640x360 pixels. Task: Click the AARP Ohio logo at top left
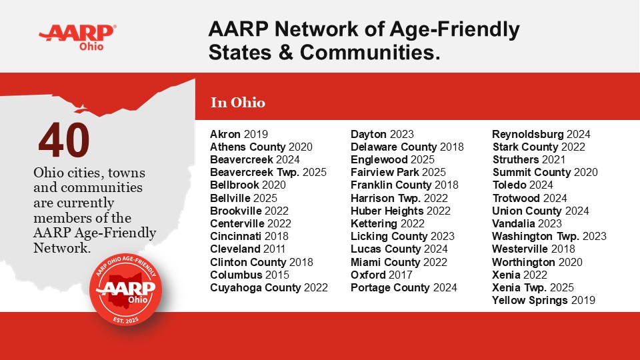click(77, 37)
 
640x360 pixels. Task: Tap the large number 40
click(64, 140)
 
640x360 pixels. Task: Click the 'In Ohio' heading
click(237, 103)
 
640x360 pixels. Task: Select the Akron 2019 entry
click(239, 134)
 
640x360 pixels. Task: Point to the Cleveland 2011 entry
click(249, 249)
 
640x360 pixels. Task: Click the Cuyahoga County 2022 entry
click(269, 288)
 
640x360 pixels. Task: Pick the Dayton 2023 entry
click(382, 134)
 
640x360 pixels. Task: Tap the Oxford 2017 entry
click(381, 275)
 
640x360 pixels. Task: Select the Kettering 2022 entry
click(387, 223)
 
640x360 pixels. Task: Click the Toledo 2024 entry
click(523, 185)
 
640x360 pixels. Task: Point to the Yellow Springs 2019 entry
click(543, 301)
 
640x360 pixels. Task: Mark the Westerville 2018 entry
click(533, 249)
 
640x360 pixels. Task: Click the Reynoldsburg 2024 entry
click(541, 134)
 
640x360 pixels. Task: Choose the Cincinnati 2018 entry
click(249, 237)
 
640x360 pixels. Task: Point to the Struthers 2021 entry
click(529, 160)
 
